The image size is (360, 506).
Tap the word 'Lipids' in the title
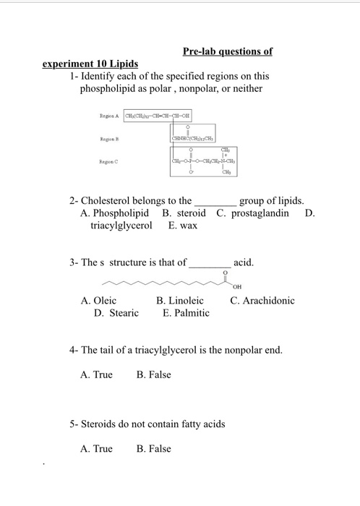click(121, 64)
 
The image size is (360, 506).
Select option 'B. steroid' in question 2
click(184, 213)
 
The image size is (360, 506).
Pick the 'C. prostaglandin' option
click(252, 213)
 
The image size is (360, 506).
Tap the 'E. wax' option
click(184, 226)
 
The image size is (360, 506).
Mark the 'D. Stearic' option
click(116, 313)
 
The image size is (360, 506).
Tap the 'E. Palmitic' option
click(186, 313)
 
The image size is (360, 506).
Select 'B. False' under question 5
click(154, 449)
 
